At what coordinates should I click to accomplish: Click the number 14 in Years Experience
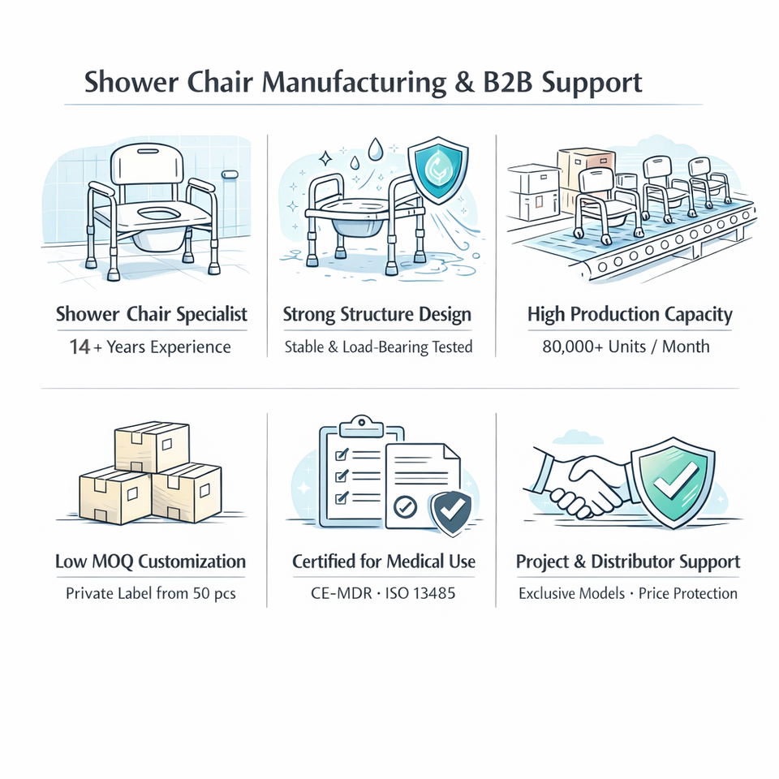[80, 347]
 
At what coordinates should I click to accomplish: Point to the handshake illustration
[582, 487]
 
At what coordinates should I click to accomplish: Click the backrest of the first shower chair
[147, 166]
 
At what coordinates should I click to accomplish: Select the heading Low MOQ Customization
[150, 562]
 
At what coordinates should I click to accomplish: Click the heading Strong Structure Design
[377, 315]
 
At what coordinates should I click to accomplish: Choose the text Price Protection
[687, 593]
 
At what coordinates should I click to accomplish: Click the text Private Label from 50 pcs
[150, 593]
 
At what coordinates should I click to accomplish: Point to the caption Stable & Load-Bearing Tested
[377, 347]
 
